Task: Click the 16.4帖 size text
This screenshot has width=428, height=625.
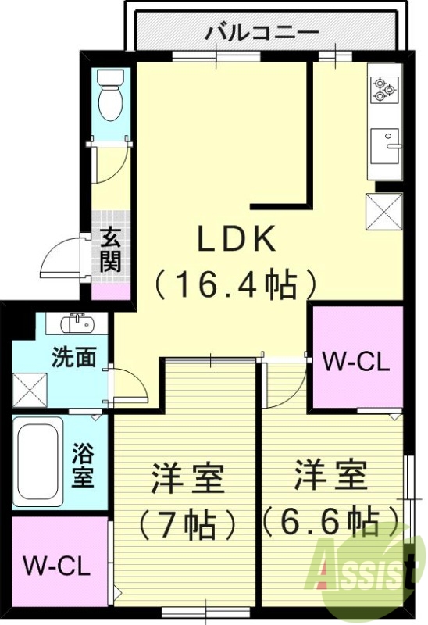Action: tap(235, 285)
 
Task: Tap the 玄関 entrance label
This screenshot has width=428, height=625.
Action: tap(110, 249)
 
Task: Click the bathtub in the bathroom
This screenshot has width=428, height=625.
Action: tap(38, 461)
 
